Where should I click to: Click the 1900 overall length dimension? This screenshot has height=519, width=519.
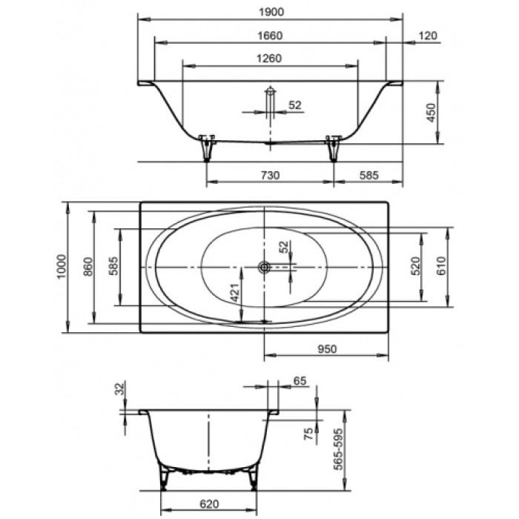point(270,11)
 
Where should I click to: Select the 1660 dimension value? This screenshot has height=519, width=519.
point(270,35)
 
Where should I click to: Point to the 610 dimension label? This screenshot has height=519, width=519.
point(442,265)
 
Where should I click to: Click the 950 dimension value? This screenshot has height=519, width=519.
point(326,347)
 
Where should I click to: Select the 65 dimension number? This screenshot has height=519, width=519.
point(300,380)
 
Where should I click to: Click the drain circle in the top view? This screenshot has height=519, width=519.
point(264,266)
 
